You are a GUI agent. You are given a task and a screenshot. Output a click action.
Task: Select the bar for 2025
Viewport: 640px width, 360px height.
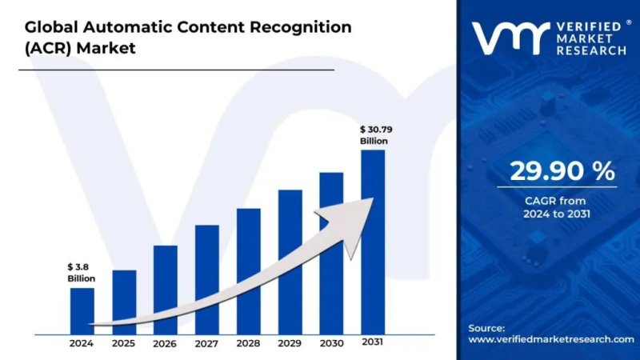pyautogui.click(x=124, y=300)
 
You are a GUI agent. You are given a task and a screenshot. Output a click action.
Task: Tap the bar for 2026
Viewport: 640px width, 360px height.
pyautogui.click(x=166, y=288)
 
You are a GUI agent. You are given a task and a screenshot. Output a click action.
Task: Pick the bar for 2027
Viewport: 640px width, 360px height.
pyautogui.click(x=207, y=278)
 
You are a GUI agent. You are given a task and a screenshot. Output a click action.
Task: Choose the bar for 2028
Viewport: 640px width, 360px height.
pyautogui.click(x=249, y=270)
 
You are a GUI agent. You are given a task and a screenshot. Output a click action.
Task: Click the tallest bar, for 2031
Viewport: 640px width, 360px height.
pyautogui.click(x=373, y=240)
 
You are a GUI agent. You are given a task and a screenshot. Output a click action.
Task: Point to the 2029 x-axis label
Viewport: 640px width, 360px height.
pyautogui.click(x=290, y=343)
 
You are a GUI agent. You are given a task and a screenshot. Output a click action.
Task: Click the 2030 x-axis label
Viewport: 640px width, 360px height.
pyautogui.click(x=331, y=343)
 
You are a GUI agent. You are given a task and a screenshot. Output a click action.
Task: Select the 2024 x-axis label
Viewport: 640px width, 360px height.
pyautogui.click(x=82, y=343)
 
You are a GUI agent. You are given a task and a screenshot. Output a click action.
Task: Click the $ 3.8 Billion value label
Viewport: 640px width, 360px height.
pyautogui.click(x=81, y=272)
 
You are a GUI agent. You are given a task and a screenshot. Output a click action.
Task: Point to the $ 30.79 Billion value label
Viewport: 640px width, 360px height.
pyautogui.click(x=374, y=134)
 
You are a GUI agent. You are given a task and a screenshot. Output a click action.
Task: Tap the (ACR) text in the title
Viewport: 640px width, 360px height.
pyautogui.click(x=39, y=48)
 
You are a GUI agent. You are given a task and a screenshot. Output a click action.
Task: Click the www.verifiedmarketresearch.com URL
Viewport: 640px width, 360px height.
pyautogui.click(x=544, y=340)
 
